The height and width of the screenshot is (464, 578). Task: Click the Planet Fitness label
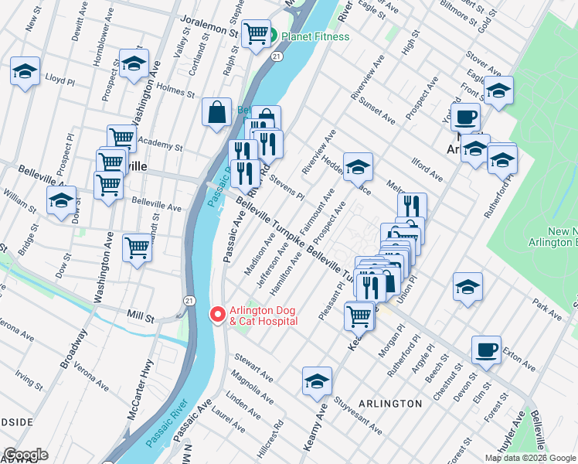(314, 36)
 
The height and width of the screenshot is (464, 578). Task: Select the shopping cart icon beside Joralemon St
(256, 34)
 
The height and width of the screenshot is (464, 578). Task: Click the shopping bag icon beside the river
(217, 112)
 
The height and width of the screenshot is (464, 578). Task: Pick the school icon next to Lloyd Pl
(25, 73)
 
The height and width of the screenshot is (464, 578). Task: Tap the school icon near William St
(61, 201)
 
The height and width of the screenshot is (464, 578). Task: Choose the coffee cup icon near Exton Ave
(486, 350)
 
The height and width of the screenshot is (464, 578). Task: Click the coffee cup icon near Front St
(465, 117)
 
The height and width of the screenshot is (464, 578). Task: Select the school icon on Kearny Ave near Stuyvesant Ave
(317, 381)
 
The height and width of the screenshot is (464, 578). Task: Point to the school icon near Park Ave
(467, 287)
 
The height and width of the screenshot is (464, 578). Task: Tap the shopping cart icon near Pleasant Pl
(359, 316)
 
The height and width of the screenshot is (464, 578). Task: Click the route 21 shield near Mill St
(189, 299)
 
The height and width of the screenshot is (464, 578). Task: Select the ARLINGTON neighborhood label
(390, 404)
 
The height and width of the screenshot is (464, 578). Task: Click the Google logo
(25, 455)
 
